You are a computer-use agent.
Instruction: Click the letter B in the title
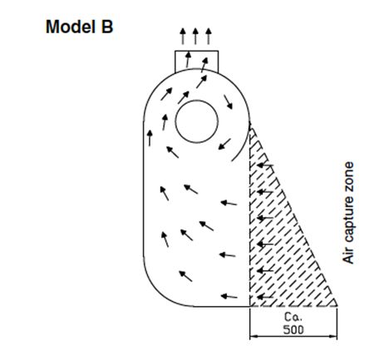[107, 27]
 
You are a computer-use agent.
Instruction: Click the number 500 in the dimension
[293, 329]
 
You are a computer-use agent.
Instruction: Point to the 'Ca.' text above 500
[293, 317]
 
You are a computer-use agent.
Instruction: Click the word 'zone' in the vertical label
[348, 173]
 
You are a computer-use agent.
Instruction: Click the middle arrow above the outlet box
[195, 36]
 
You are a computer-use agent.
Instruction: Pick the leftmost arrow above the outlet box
[183, 36]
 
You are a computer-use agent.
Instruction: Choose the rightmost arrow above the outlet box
[209, 36]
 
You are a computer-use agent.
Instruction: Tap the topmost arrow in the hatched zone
[265, 165]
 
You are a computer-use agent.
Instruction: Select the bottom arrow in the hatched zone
[265, 297]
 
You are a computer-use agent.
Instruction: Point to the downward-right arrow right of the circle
[229, 102]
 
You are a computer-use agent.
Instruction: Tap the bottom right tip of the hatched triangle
[337, 306]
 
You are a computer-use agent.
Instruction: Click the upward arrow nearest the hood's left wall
[150, 138]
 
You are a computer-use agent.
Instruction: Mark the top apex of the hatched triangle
[250, 122]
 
